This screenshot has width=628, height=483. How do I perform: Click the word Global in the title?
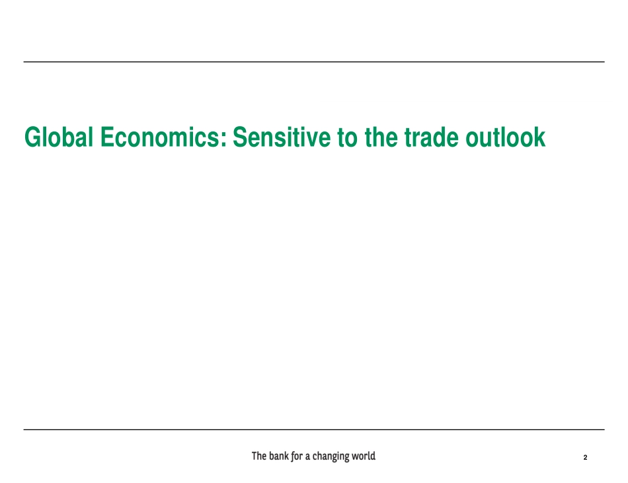(x=59, y=137)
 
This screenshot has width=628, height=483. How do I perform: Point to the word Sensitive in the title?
(x=282, y=137)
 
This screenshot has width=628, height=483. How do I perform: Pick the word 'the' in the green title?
(x=381, y=137)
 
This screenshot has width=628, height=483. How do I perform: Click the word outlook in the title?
(x=506, y=137)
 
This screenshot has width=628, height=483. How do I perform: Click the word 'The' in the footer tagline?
(x=258, y=456)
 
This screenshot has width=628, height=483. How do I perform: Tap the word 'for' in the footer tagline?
(x=297, y=456)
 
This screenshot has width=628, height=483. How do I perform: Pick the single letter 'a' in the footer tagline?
(x=307, y=457)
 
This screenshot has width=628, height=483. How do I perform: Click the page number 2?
(x=585, y=457)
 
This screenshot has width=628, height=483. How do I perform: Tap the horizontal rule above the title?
(x=314, y=61)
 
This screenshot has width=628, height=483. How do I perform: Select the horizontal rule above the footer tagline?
(x=314, y=429)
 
